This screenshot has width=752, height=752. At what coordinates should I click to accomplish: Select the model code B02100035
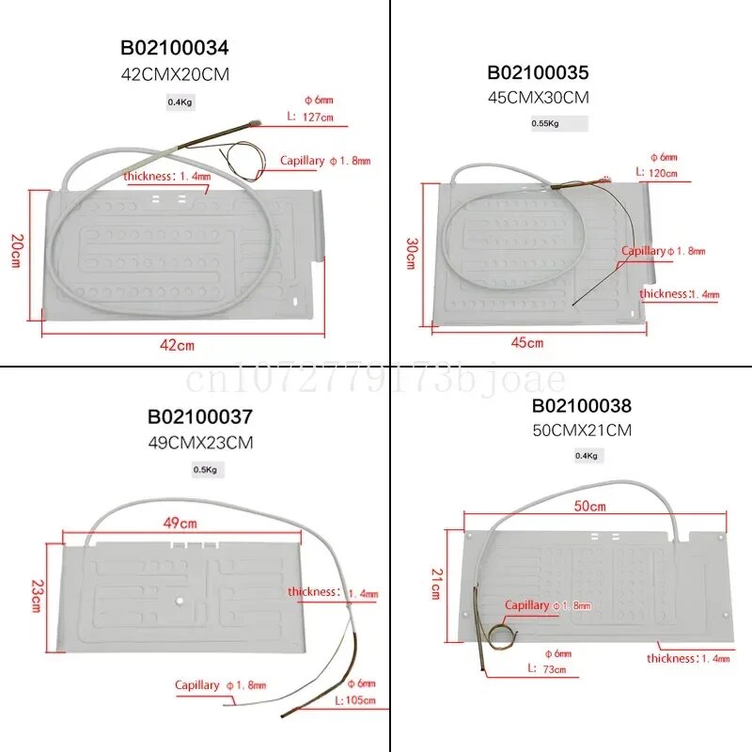tap(538, 73)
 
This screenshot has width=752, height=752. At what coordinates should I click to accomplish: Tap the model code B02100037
tap(199, 417)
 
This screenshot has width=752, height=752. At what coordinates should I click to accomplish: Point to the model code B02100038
tap(582, 406)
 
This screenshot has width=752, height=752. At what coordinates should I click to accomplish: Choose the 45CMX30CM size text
tap(538, 97)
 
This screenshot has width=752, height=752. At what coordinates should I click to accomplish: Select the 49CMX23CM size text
tap(199, 442)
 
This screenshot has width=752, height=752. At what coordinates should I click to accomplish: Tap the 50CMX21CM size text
tap(582, 430)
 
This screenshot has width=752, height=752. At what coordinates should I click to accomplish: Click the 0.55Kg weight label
tap(545, 123)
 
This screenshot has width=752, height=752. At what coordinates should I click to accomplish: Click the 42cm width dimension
tap(177, 345)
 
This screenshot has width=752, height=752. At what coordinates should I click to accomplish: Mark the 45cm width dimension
tap(528, 343)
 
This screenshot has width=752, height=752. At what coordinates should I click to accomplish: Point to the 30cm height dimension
tap(411, 252)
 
